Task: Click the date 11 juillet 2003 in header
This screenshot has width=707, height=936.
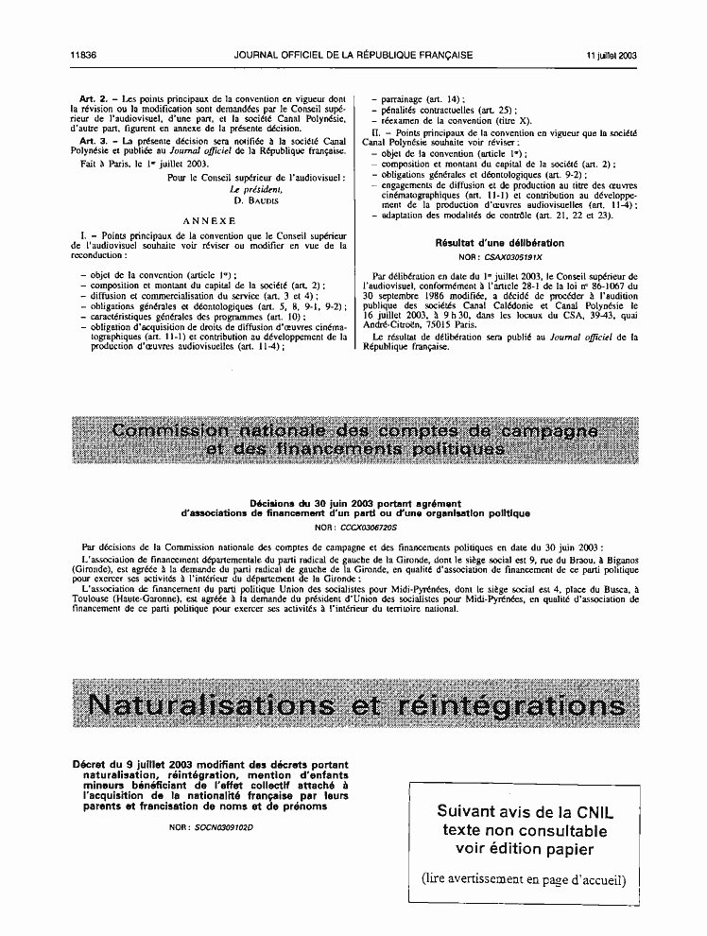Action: pos(610,56)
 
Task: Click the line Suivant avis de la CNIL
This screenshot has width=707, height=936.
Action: pos(523,811)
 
